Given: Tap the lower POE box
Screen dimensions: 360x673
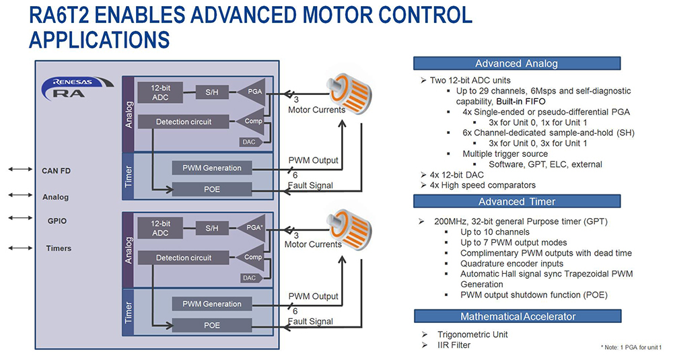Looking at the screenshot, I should click(212, 325).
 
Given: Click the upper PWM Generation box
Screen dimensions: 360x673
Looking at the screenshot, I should click(212, 167).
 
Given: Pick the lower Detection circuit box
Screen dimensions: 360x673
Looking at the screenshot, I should click(184, 258).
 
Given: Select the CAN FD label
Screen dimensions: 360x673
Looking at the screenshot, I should click(56, 171).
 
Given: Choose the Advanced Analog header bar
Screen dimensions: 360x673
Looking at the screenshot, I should click(516, 63).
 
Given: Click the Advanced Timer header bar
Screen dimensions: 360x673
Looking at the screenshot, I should click(516, 202).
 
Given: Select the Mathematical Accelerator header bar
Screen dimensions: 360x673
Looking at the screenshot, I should click(516, 316).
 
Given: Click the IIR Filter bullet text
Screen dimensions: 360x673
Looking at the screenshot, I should click(454, 345).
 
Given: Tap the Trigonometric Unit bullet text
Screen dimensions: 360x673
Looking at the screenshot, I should click(472, 334).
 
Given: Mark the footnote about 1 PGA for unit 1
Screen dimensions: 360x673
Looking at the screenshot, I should click(631, 347).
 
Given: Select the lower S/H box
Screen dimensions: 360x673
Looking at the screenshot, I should click(212, 228).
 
